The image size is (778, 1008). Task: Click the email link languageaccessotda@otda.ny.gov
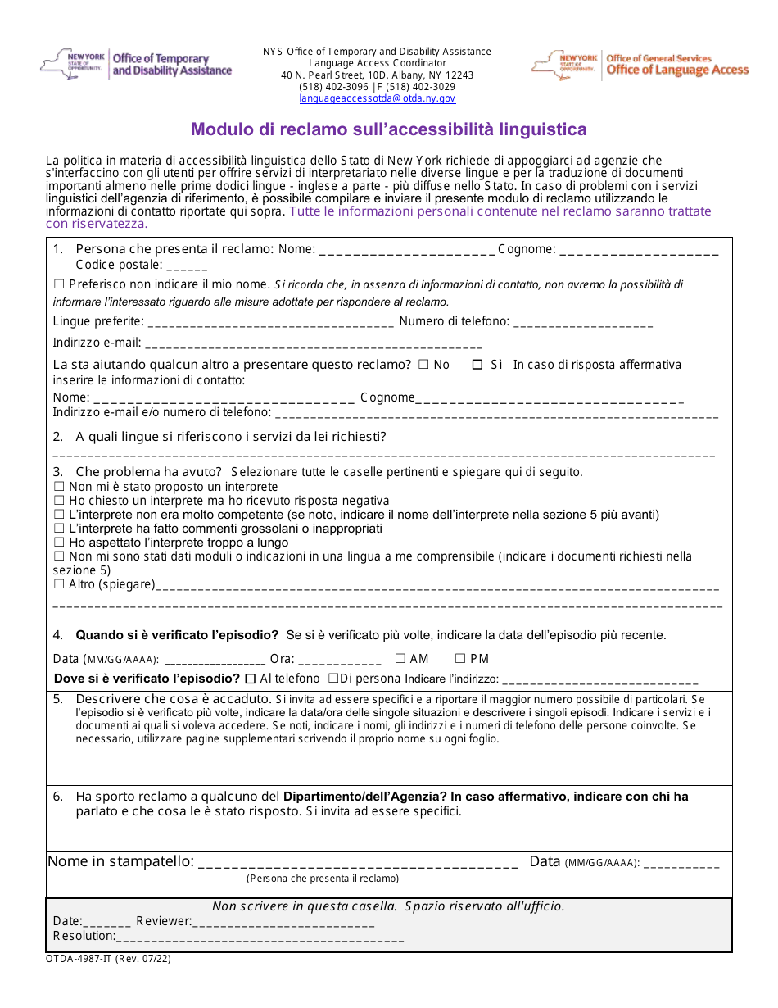click(x=377, y=98)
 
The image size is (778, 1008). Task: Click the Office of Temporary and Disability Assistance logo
click(x=136, y=64)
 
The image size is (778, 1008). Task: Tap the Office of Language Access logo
click(x=640, y=65)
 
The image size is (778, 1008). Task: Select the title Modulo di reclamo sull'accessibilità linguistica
click(x=388, y=129)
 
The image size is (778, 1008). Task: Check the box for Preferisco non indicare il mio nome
click(x=59, y=284)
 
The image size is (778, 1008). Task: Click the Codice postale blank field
click(x=190, y=266)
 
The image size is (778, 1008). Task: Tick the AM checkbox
click(x=400, y=658)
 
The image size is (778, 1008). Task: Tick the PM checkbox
click(x=460, y=658)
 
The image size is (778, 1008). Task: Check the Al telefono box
click(x=251, y=679)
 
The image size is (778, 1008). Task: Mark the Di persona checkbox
click(x=333, y=679)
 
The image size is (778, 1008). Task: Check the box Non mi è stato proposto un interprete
click(x=59, y=487)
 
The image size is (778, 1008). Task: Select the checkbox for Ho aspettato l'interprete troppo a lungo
click(x=59, y=543)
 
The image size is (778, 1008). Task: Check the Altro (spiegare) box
click(x=59, y=584)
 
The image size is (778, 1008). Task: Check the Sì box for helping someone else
click(x=477, y=366)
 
